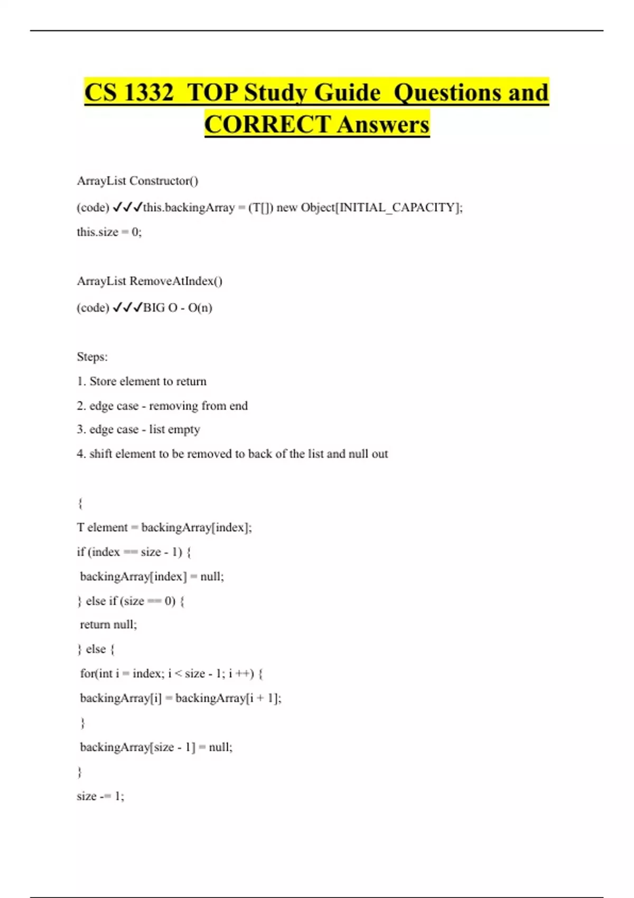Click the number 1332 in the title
[x=148, y=92]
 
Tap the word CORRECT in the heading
[x=267, y=125]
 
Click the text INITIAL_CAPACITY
[x=397, y=208]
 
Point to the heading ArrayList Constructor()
[x=137, y=181]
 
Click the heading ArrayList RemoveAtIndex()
[x=150, y=281]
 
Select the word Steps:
[x=92, y=357]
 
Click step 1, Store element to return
[x=142, y=381]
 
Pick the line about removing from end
[x=162, y=406]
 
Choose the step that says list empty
[x=138, y=429]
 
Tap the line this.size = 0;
[x=109, y=232]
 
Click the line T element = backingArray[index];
[x=164, y=528]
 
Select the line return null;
[x=108, y=625]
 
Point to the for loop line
[x=171, y=673]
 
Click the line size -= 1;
[x=100, y=796]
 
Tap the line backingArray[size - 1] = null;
[x=156, y=747]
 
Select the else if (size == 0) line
[x=131, y=601]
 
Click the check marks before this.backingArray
[x=127, y=208]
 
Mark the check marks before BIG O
[x=127, y=308]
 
